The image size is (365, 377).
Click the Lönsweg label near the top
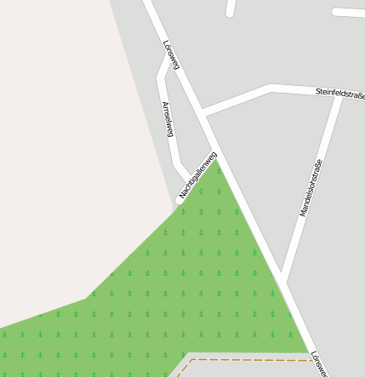(x=171, y=54)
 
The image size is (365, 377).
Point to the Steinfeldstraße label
(x=339, y=90)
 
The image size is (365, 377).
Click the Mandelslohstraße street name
(x=311, y=187)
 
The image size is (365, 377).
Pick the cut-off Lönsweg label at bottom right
(x=318, y=364)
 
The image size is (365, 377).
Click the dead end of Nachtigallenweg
(x=180, y=200)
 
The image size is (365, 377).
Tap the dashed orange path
(x=247, y=361)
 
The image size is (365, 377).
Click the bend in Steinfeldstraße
(x=271, y=88)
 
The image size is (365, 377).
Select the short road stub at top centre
(x=230, y=9)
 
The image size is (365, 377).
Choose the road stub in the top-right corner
(x=349, y=13)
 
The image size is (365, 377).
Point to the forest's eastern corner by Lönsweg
(x=306, y=350)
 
